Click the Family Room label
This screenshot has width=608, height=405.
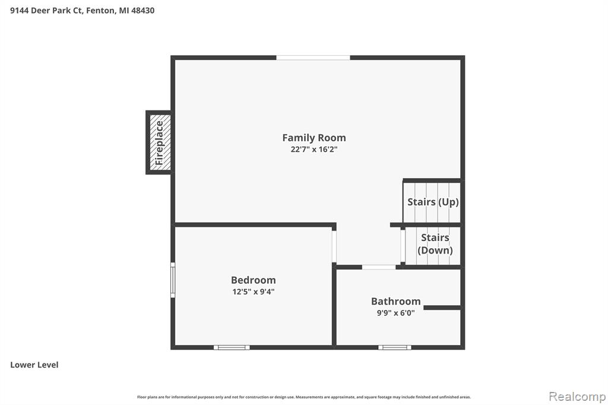point(313,138)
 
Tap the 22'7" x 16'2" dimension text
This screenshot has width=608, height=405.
point(314,150)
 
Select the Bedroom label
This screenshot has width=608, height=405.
point(253,280)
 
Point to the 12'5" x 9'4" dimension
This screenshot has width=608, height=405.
point(253,292)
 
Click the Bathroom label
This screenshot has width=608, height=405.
point(395,302)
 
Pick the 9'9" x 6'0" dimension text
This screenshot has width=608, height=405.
point(395,313)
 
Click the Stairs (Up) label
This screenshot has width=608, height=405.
point(433,202)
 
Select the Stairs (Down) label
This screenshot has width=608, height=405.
point(435,244)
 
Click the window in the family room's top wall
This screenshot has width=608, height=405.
point(313,58)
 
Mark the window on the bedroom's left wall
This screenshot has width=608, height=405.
point(173,280)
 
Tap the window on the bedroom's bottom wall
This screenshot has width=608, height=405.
point(232,347)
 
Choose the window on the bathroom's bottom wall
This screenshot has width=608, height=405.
point(395,347)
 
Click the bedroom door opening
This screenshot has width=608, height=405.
point(334,246)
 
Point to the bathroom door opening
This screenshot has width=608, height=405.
point(379,267)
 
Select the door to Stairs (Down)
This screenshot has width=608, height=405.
point(403,246)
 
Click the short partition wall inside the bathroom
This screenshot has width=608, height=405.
point(442,308)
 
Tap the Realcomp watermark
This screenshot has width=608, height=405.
point(577,397)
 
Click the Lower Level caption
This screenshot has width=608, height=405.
point(34,365)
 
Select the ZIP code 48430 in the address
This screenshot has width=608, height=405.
point(142,11)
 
